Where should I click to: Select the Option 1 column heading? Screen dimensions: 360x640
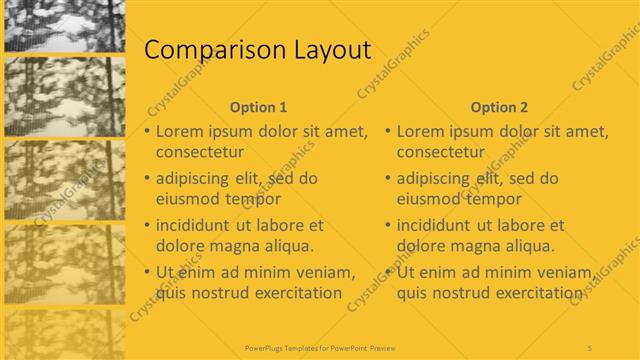[x=258, y=107]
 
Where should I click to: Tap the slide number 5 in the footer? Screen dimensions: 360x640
[x=590, y=347]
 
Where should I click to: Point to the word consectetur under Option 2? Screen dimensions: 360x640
[x=441, y=152]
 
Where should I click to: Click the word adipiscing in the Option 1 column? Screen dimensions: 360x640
[x=196, y=179]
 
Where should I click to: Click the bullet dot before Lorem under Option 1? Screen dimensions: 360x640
[x=147, y=132]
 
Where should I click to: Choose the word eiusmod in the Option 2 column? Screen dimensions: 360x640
[x=430, y=198]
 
